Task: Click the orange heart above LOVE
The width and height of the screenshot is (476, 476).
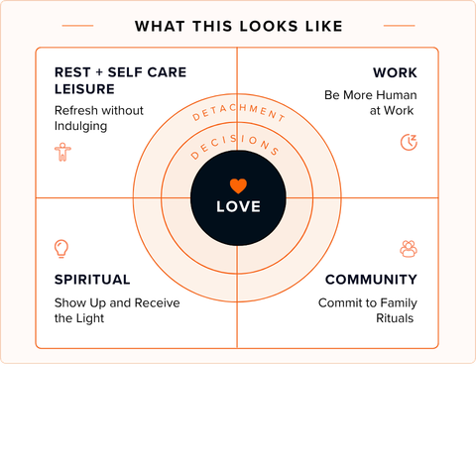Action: [x=238, y=185]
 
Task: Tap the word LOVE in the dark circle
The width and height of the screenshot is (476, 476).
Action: [x=238, y=206]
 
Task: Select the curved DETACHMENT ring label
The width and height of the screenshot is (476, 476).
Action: [x=239, y=112]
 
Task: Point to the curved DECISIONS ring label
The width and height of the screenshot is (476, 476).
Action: [x=235, y=145]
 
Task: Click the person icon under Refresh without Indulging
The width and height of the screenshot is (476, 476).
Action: [x=62, y=152]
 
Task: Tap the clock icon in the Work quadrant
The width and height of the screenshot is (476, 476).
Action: [x=409, y=142]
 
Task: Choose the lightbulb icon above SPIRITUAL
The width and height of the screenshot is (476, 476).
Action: [x=61, y=249]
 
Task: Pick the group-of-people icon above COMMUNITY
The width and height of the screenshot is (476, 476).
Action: [x=409, y=249]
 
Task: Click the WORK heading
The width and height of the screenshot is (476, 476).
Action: [x=395, y=72]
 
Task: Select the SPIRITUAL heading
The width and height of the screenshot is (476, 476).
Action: [x=92, y=280]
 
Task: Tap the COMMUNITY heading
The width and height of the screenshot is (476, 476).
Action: [x=371, y=280]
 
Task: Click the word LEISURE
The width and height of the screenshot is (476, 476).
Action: [x=84, y=89]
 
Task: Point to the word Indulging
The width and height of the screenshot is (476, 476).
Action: [x=80, y=126]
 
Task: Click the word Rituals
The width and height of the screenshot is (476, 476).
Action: [x=395, y=318]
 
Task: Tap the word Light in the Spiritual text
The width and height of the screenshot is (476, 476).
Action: [x=90, y=318]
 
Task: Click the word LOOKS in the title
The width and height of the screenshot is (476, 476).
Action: [x=269, y=27]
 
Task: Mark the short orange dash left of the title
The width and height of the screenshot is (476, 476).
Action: [x=77, y=26]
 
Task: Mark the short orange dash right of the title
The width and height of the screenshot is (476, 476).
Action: [x=399, y=26]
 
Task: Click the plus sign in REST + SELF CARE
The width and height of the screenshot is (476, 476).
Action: [x=99, y=72]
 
